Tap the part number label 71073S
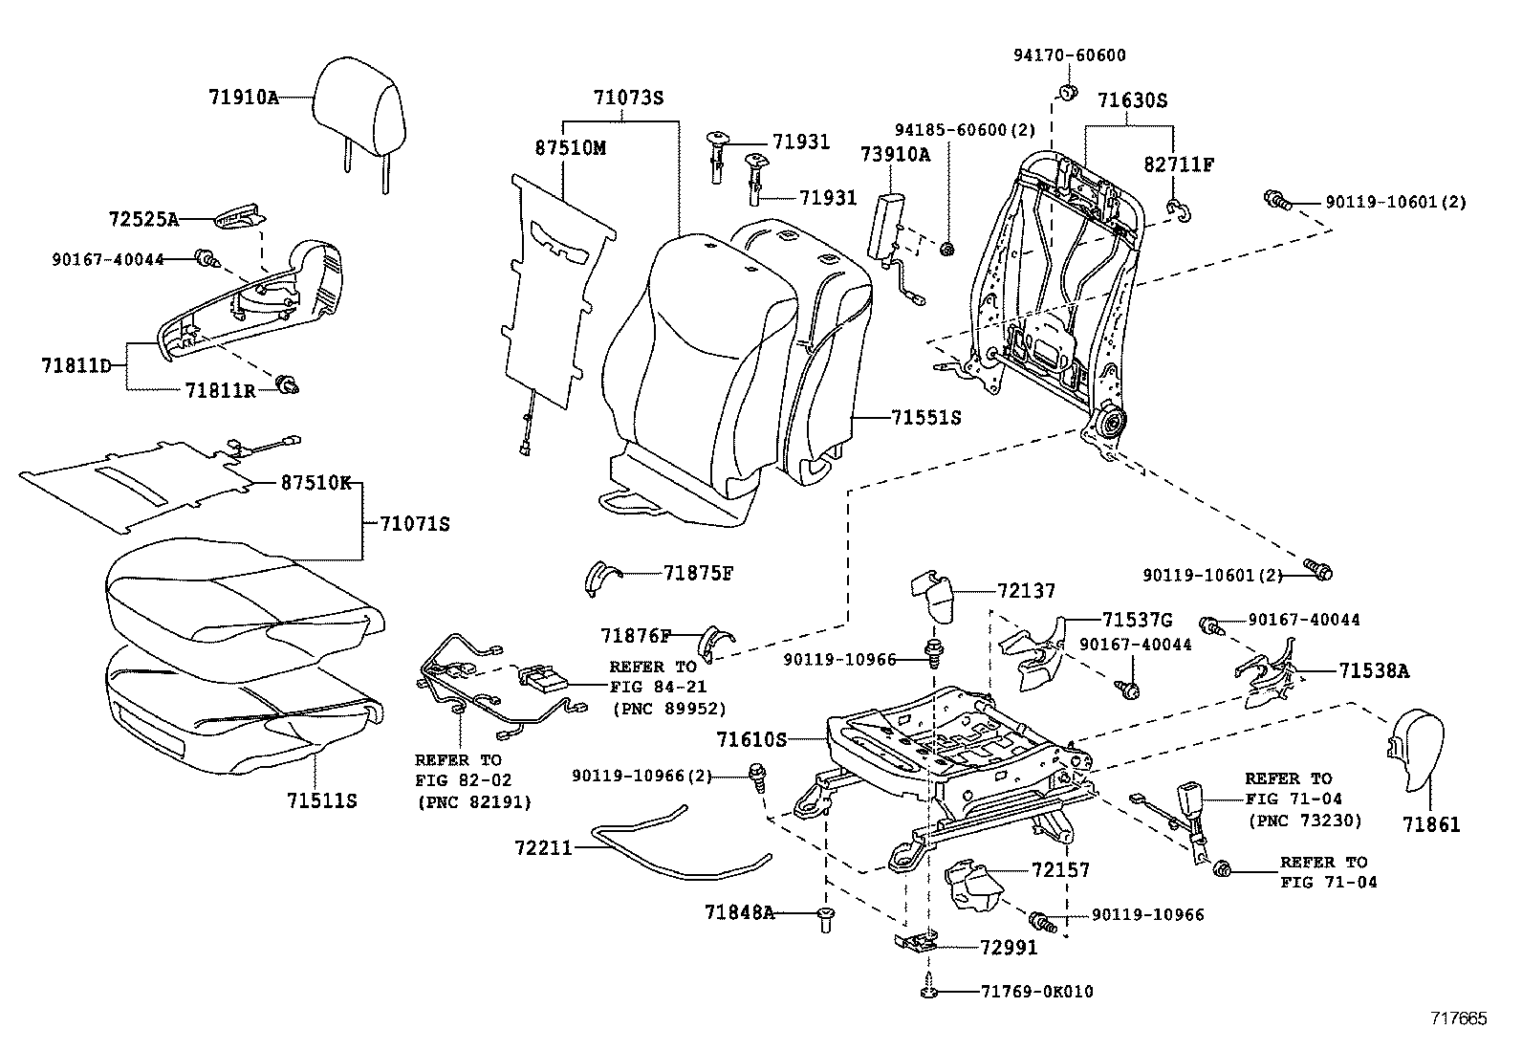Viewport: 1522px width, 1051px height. pos(627,98)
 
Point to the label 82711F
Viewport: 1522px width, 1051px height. pos(1178,164)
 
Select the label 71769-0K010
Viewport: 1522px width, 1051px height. pos(1036,992)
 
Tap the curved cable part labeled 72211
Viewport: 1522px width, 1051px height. pos(669,851)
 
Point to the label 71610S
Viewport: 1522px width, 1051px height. pos(750,739)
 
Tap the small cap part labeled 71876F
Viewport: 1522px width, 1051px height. pos(715,641)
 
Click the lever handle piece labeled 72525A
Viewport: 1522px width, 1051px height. pos(238,217)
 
